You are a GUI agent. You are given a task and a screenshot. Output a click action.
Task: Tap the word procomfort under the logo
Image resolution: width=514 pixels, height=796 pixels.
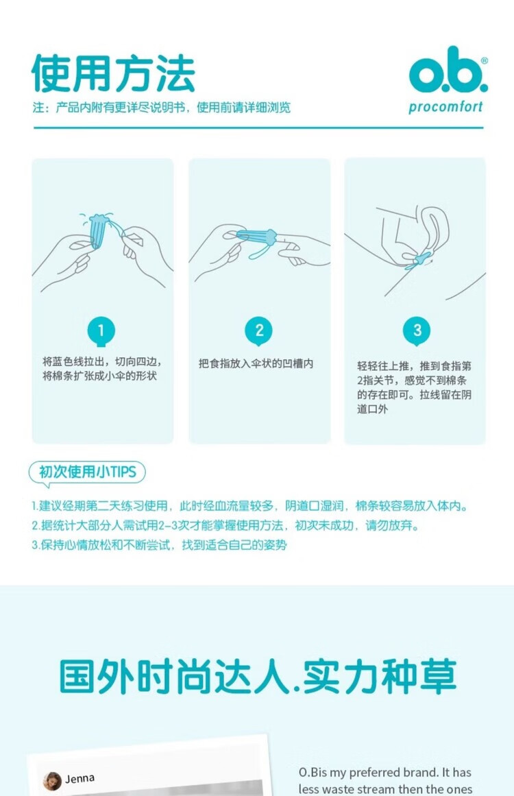445,107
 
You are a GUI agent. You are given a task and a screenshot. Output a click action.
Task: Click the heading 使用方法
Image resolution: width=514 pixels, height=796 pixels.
114,73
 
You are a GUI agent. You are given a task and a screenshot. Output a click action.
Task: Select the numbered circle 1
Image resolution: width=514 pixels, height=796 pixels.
101,331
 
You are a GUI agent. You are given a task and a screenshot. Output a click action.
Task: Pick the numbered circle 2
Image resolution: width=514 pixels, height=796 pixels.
259,330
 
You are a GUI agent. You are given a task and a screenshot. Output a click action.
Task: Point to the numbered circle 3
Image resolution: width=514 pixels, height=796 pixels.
417,331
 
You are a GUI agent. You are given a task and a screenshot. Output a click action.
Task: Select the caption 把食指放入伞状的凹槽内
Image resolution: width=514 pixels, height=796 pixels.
256,363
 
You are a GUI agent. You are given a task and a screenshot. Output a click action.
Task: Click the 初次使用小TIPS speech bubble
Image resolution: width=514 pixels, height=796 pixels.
87,472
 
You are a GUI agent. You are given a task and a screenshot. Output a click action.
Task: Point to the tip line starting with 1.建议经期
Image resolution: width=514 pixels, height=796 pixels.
249,505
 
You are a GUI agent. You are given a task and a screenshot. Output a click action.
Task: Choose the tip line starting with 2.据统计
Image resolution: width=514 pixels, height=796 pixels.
225,525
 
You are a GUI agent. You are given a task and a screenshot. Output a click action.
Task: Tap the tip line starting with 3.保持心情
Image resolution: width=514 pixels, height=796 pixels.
159,545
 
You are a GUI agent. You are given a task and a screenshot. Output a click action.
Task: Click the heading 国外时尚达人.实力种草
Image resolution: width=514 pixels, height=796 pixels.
258,677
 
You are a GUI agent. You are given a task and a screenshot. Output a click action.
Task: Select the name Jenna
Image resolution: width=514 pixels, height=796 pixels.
79,779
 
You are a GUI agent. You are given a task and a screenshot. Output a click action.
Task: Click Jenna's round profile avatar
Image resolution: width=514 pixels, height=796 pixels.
52,781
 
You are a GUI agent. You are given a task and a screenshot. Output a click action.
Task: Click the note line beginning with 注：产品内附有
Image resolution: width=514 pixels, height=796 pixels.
161,107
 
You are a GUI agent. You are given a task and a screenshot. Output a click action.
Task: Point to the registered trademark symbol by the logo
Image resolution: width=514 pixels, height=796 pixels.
484,60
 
